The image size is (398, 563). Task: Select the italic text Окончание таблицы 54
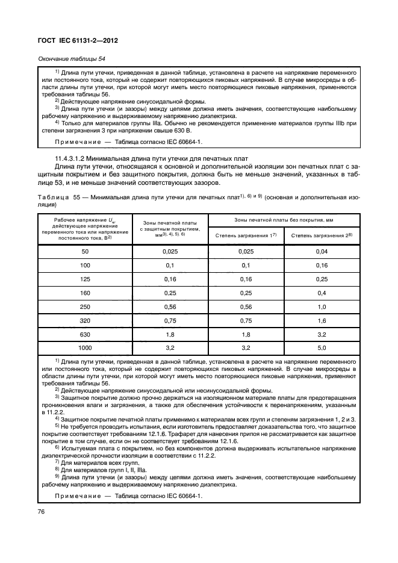click(72, 59)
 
